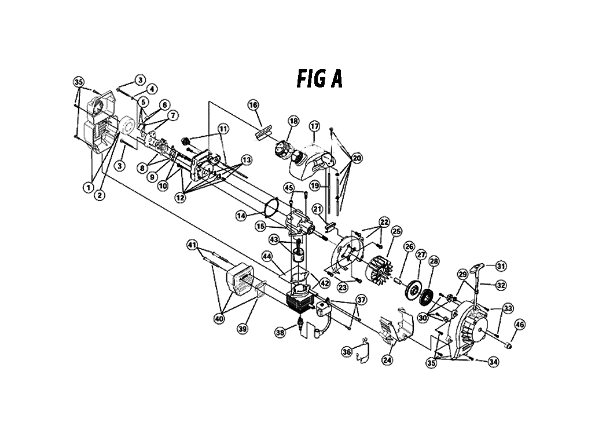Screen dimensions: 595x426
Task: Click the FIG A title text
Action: tap(319, 79)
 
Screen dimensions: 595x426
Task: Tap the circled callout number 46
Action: tap(520, 325)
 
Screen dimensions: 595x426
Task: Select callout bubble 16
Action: tap(254, 105)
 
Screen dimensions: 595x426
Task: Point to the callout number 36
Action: tap(347, 352)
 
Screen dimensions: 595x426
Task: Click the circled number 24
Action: tap(387, 359)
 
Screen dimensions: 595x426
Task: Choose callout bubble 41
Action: tap(192, 245)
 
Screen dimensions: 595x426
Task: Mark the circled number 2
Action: tap(100, 195)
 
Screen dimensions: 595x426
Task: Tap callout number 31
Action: tap(501, 266)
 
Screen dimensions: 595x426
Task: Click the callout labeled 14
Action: tap(241, 216)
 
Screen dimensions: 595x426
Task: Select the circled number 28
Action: tap(434, 261)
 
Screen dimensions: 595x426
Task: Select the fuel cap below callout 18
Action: tap(282, 150)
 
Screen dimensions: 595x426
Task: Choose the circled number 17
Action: tap(315, 126)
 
